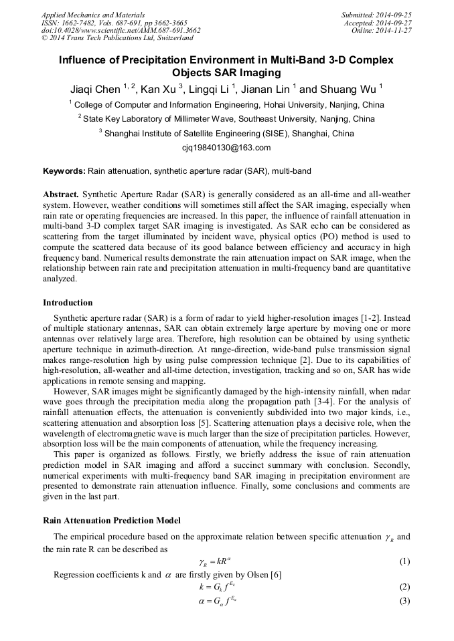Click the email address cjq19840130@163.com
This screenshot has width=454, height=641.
(226, 148)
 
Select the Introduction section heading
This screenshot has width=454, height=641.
(68, 303)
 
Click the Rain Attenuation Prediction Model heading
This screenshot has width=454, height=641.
(111, 520)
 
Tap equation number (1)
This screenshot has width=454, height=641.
(404, 561)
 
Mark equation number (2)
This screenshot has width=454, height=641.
(404, 587)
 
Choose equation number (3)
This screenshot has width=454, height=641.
(404, 600)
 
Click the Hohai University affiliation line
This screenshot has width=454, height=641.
(227, 104)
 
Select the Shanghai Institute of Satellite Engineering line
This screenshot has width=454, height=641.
(226, 133)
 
